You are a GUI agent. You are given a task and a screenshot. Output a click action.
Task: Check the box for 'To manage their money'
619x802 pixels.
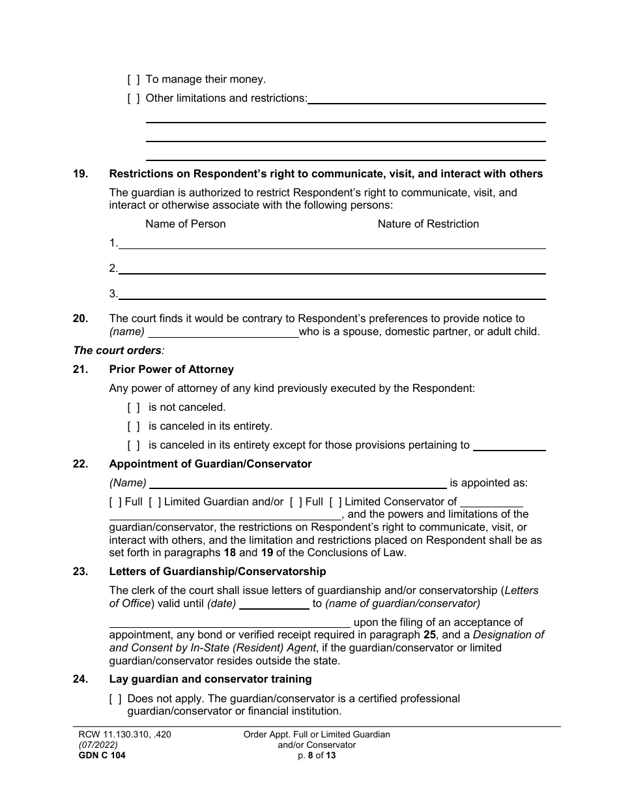[133, 80]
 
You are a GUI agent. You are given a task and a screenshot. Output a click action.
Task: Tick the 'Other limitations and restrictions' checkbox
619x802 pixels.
[133, 98]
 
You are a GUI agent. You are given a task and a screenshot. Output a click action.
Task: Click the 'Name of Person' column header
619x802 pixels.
[185, 224]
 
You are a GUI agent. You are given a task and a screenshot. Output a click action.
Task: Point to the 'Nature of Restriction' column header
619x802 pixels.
[428, 224]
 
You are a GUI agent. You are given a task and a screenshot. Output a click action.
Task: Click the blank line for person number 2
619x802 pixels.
[332, 269]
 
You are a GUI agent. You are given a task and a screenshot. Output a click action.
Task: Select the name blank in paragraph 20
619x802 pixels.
[223, 332]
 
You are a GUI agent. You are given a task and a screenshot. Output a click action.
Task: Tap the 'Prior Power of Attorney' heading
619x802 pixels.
[171, 370]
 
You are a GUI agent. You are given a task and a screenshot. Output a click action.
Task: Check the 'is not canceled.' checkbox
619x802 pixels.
[133, 408]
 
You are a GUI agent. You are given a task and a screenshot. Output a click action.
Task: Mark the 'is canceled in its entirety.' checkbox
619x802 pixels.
[133, 426]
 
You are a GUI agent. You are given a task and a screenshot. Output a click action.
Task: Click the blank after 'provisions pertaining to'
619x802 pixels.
[509, 446]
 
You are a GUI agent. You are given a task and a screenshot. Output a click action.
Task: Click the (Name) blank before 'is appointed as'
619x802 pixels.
[298, 484]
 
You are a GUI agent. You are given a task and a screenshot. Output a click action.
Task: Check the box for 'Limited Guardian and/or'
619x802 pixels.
[154, 502]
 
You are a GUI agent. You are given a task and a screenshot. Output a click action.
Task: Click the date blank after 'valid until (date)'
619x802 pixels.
[274, 604]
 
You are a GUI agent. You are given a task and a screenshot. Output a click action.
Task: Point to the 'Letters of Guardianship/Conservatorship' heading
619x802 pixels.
[218, 572]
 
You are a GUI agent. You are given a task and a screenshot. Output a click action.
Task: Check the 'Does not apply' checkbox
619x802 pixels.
[115, 699]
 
